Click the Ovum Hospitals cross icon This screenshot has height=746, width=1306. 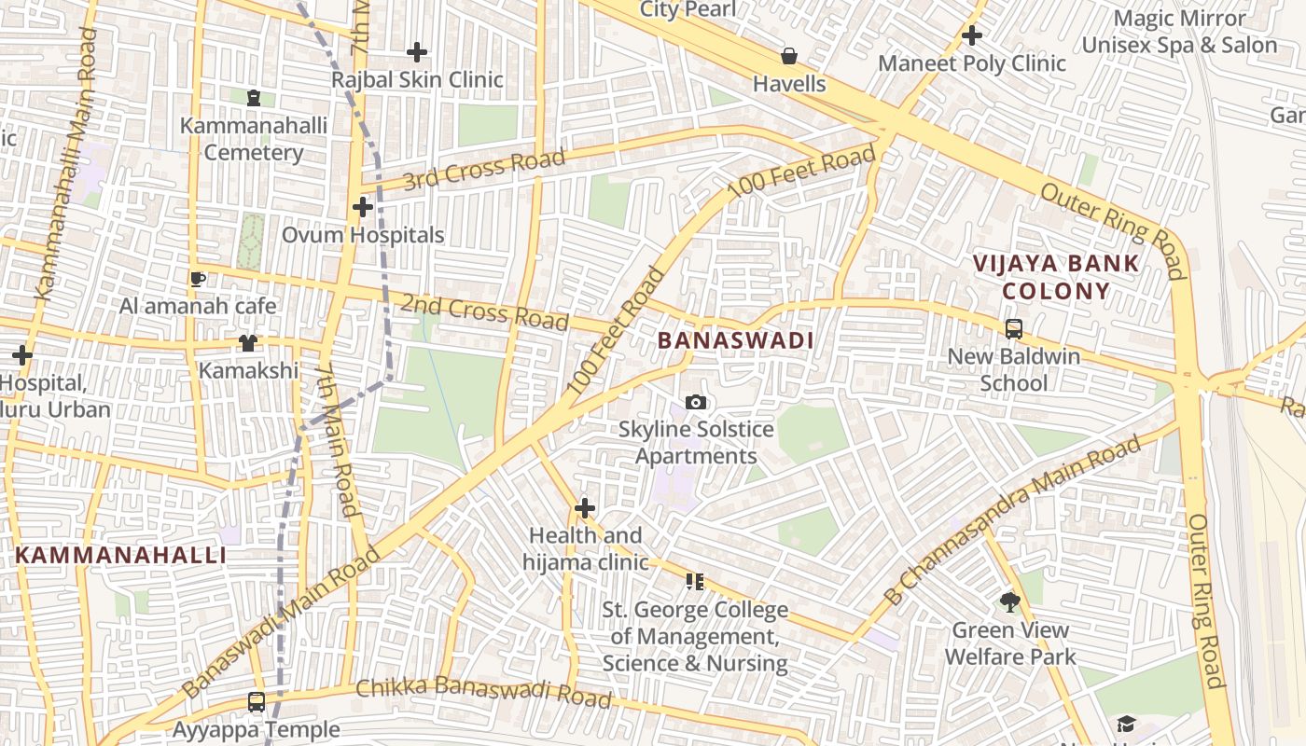click(x=363, y=207)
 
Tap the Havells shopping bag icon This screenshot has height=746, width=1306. click(x=789, y=57)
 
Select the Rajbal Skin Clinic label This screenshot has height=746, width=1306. click(x=417, y=80)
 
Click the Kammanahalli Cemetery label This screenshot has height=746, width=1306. click(x=254, y=139)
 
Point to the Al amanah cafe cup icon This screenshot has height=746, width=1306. click(x=198, y=279)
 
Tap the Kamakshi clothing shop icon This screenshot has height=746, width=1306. click(x=247, y=343)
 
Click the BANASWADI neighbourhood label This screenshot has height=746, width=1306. click(x=735, y=341)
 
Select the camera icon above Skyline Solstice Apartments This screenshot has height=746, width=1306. click(x=696, y=403)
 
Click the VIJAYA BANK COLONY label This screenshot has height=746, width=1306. click(x=1056, y=277)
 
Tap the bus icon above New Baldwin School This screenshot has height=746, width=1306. click(x=1014, y=329)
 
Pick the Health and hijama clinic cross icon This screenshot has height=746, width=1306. click(x=585, y=508)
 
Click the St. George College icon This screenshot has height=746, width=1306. click(x=694, y=582)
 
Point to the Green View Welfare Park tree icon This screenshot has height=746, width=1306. click(x=1009, y=602)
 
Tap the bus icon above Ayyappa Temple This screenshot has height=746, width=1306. click(x=257, y=702)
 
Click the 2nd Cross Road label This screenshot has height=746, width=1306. click(x=484, y=311)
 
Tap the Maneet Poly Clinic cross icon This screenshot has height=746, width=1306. click(x=972, y=36)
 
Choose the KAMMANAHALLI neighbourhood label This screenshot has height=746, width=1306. click(x=120, y=556)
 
